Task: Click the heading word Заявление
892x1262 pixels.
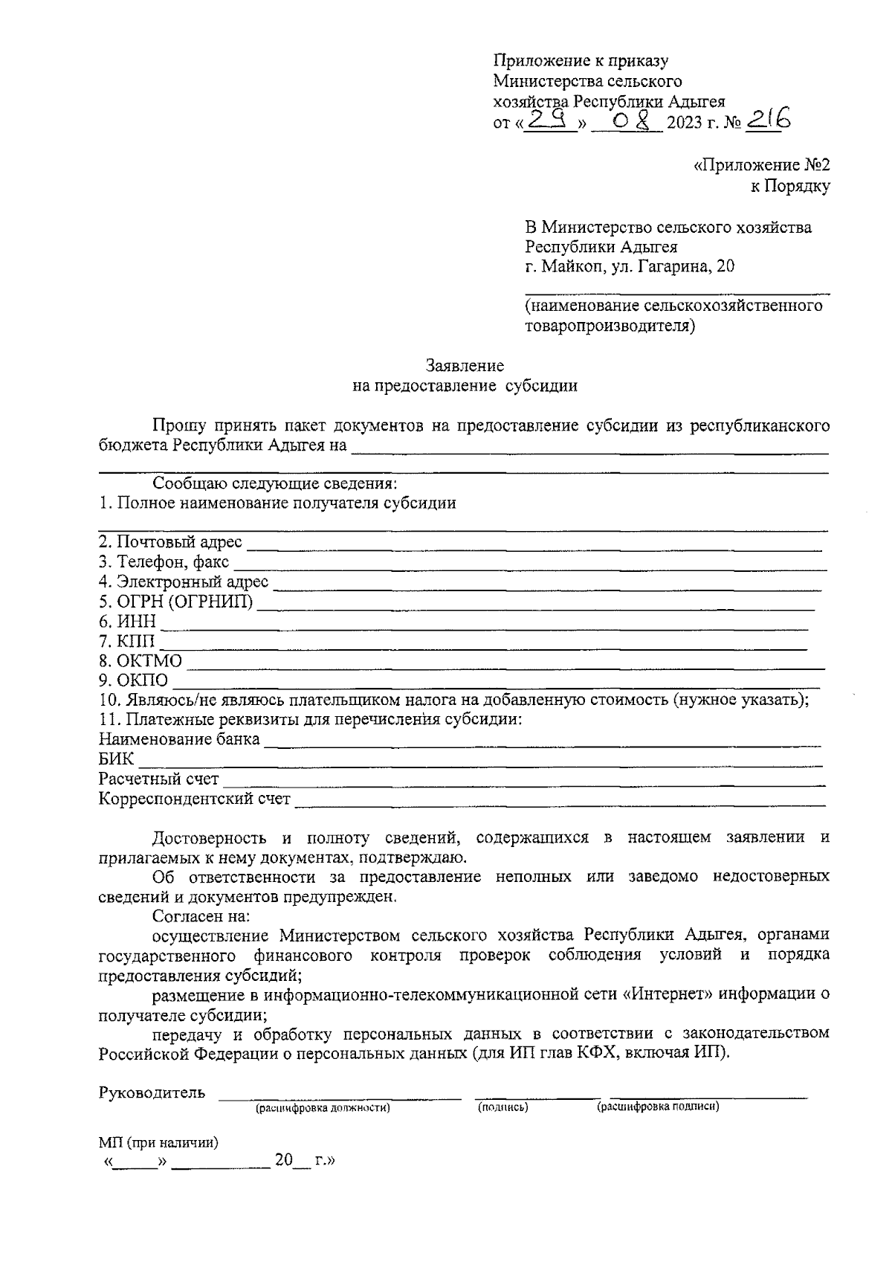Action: pos(465,366)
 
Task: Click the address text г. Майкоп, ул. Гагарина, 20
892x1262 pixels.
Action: pos(630,266)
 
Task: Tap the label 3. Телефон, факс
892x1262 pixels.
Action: pos(164,562)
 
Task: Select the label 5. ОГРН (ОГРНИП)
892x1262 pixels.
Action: pos(175,602)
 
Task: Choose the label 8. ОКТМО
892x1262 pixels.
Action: pos(140,660)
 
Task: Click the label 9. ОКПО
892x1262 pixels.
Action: pos(134,680)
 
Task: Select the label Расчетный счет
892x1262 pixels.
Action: pos(159,779)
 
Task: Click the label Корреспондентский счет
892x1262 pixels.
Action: pos(195,799)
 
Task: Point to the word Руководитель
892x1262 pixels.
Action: pos(152,1092)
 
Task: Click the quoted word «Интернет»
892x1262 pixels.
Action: pos(673,994)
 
